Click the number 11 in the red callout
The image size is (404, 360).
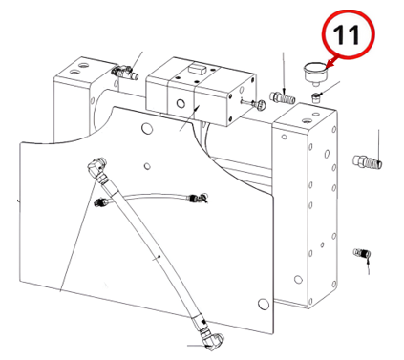point(347,34)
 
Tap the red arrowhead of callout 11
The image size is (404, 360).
point(329,64)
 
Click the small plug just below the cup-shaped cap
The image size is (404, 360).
point(316,96)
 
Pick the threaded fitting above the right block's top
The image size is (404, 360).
point(282,97)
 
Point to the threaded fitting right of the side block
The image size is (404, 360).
point(368,161)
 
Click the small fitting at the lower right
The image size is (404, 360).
point(362,253)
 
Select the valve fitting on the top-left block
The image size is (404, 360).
point(124,73)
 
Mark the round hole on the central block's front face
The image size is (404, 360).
point(181,103)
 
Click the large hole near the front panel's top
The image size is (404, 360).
point(147,128)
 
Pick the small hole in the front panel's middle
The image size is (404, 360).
point(147,166)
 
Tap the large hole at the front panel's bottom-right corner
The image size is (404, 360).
point(263,304)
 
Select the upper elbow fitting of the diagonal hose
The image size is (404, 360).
point(96,168)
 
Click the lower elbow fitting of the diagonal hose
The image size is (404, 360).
point(212,340)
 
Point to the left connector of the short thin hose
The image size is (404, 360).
point(102,201)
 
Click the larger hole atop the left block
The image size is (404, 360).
point(83,66)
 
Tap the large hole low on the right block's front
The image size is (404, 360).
point(298,280)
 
